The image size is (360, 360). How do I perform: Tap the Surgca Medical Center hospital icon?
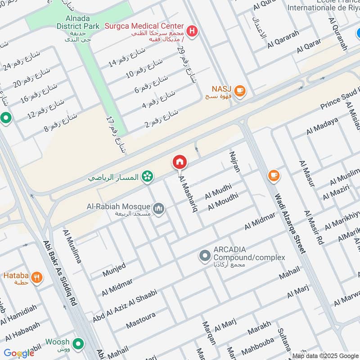(x=193, y=31)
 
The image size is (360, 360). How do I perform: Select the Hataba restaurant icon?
(x=37, y=277)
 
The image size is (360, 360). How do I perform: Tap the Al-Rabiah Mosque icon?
(x=158, y=208)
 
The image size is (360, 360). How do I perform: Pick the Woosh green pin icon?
(x=79, y=344)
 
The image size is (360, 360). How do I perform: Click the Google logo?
(x=19, y=353)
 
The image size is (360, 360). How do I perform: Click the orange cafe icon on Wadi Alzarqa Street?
(x=273, y=175)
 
